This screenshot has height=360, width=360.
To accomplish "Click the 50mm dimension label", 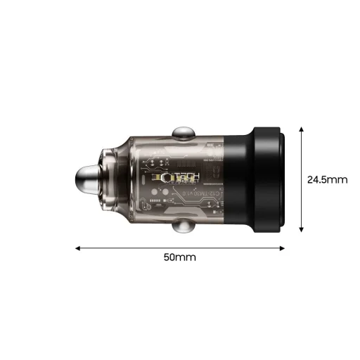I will click(179, 257).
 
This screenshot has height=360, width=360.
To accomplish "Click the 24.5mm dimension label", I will click(327, 179).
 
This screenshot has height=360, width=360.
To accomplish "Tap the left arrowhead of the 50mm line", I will click(78, 247).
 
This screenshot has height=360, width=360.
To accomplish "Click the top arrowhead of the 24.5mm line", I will click(301, 129).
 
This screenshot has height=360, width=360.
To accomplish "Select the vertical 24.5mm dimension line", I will click(301, 179).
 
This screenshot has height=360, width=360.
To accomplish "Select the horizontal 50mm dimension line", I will click(179, 247).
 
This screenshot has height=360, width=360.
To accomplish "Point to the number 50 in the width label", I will click(172, 257).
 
